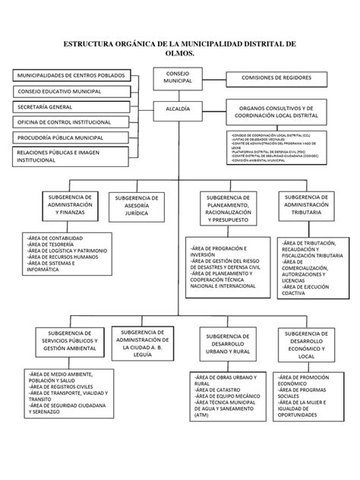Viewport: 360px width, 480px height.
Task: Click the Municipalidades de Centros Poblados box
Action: (x=73, y=77)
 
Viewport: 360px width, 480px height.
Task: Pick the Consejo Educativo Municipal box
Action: (x=73, y=92)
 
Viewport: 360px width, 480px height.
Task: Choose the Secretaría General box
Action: (x=73, y=107)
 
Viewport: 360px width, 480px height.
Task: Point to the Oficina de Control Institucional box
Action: (x=73, y=122)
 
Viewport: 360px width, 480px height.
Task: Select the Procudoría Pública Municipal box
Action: (x=73, y=137)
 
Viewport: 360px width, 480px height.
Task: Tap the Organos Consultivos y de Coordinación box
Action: (x=280, y=112)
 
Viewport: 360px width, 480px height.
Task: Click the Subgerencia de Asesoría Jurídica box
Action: (x=138, y=204)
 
